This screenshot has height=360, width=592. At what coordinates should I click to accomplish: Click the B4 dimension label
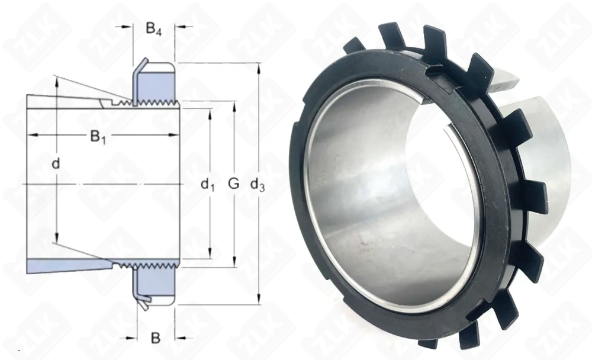pos(154,29)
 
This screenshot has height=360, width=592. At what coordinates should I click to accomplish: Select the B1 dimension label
pos(98,137)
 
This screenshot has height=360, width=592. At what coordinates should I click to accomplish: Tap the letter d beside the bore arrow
pos(56,163)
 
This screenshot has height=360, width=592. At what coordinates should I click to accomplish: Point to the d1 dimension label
pos(207,184)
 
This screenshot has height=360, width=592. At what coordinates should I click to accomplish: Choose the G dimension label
pos(234,184)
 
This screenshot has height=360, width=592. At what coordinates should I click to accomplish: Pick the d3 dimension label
pos(258,184)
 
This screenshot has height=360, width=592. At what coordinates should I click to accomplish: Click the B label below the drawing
pos(156,337)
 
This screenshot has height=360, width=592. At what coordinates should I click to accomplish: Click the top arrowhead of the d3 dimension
pos(259,68)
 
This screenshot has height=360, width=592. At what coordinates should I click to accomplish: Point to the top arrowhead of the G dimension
pos(234,106)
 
